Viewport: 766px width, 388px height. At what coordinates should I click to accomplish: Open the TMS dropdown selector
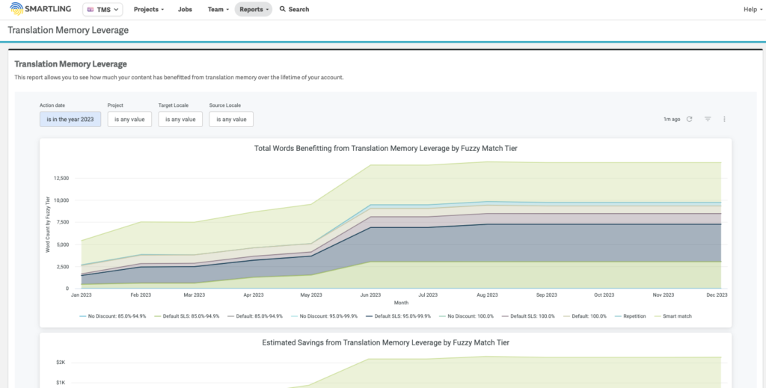point(102,10)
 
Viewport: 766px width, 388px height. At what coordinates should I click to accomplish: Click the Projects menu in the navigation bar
point(150,10)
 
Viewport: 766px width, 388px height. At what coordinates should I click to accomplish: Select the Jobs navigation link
point(185,10)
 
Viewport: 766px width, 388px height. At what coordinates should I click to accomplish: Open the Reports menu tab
point(252,10)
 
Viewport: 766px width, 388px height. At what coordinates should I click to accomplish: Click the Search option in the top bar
point(294,10)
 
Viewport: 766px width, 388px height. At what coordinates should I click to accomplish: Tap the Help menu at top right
point(752,10)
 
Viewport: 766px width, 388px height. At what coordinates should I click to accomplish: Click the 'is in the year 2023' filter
point(70,119)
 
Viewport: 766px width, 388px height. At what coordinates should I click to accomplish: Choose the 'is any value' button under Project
point(129,119)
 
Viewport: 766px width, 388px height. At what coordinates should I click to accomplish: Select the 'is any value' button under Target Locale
point(180,119)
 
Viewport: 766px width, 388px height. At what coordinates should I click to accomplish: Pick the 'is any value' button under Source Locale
point(231,119)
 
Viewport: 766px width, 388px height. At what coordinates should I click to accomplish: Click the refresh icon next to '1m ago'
point(689,119)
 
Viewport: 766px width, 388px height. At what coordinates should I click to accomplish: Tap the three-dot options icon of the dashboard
point(724,119)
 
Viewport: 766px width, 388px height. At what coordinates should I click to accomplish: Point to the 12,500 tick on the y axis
point(61,178)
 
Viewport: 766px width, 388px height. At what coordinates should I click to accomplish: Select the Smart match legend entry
point(677,316)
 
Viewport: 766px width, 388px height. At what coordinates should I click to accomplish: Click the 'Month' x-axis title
point(401,304)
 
